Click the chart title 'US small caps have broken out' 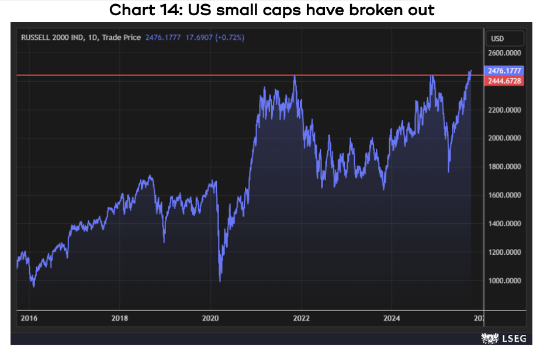(x=272, y=10)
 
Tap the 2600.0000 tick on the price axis (x=505, y=53)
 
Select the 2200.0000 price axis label (x=505, y=110)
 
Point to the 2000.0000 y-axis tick (x=505, y=139)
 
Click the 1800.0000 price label (x=505, y=167)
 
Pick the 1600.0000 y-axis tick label (x=505, y=195)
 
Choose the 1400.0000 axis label (x=505, y=224)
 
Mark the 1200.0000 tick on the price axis (x=505, y=252)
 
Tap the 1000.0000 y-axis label (x=505, y=281)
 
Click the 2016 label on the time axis (x=29, y=319)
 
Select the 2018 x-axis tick (x=120, y=319)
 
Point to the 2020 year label (x=210, y=319)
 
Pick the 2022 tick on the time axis (x=302, y=319)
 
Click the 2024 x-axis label (x=392, y=319)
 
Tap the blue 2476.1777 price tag (x=504, y=71)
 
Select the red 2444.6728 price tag (x=504, y=81)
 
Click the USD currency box (x=498, y=39)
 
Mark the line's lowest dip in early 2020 (x=220, y=281)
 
